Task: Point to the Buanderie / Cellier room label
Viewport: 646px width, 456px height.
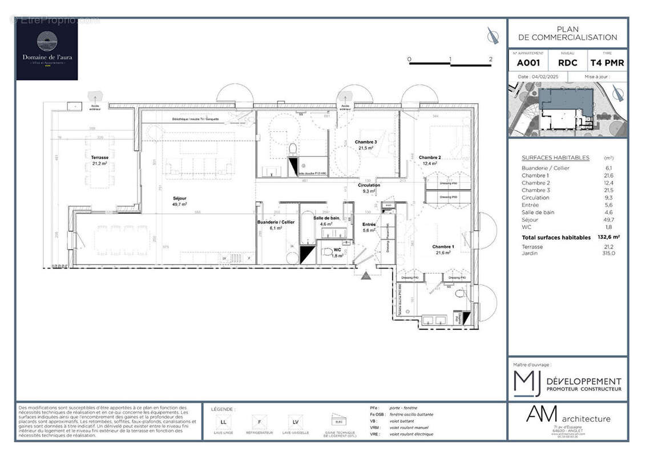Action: point(276,222)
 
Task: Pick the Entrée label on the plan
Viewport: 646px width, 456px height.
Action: point(369,225)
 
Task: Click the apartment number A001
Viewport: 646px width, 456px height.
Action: point(528,63)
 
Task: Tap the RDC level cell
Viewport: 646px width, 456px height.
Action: point(568,63)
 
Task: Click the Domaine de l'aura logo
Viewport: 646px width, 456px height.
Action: point(47,50)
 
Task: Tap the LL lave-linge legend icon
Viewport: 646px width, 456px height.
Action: point(222,422)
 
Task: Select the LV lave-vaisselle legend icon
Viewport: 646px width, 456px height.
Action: point(295,422)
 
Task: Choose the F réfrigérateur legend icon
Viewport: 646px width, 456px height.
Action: point(259,422)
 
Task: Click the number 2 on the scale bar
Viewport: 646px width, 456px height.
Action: point(490,59)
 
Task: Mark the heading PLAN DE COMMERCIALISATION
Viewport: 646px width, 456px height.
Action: point(567,33)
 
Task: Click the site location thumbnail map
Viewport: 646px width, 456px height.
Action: point(567,109)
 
